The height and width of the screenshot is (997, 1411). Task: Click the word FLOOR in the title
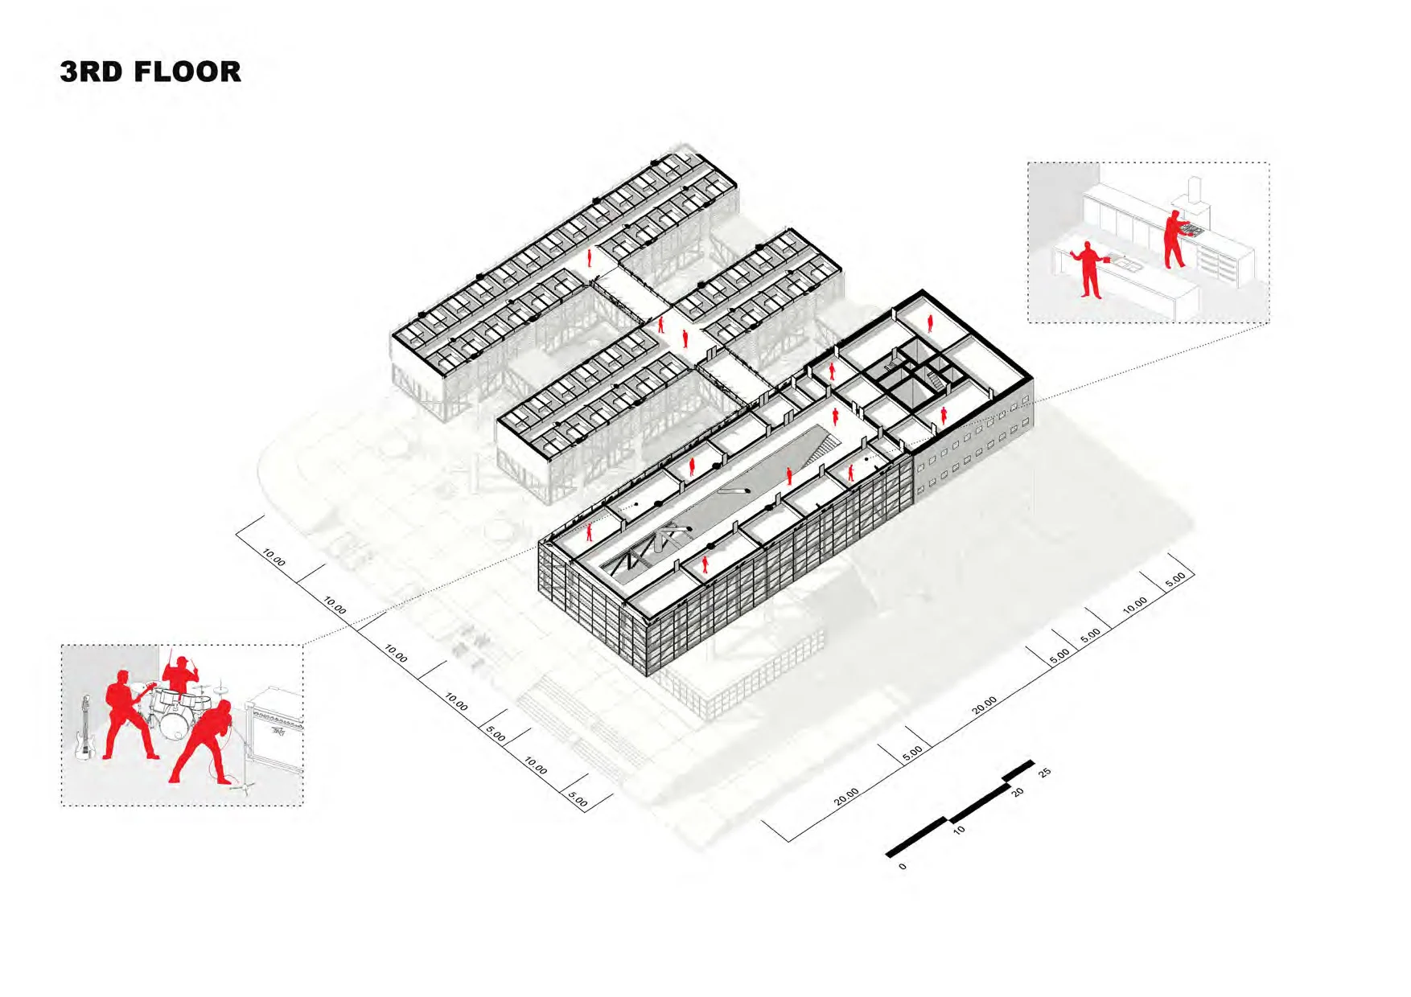click(187, 72)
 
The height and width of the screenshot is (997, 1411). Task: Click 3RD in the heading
click(91, 72)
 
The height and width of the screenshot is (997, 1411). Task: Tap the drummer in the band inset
click(181, 674)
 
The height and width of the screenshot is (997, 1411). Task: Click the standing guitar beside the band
click(84, 728)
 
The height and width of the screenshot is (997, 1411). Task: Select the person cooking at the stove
click(1174, 238)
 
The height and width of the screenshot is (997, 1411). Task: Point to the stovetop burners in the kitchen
click(1192, 232)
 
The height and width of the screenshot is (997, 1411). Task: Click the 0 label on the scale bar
click(903, 866)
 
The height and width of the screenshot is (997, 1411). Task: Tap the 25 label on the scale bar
click(1044, 773)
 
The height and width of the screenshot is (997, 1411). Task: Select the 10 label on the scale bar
click(959, 829)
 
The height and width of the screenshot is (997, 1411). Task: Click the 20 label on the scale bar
click(1018, 792)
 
